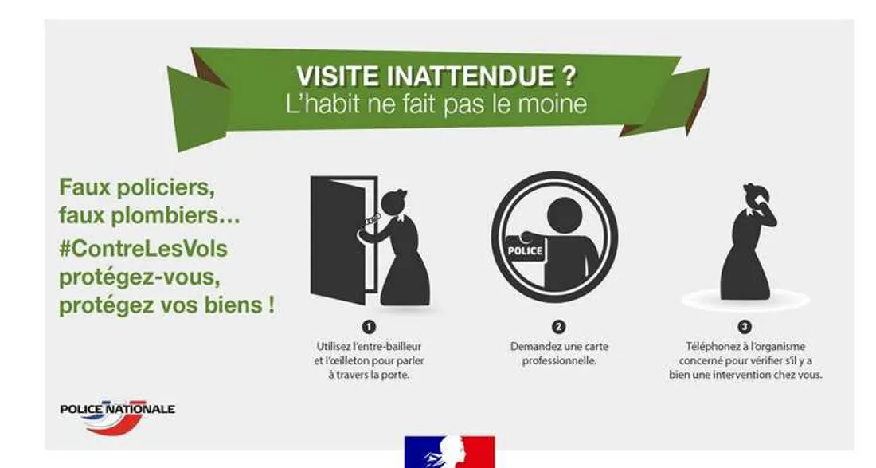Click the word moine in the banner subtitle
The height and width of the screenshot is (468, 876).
pos(558,105)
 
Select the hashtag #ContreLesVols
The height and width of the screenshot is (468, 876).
pos(143,249)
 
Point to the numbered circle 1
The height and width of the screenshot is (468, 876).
pos(369,327)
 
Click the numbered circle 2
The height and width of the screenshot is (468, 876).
pos(558,327)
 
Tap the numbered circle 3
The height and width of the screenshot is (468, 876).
pos(745,327)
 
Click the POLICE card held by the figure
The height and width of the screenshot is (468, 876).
pos(526,250)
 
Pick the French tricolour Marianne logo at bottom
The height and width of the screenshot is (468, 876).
pos(450,452)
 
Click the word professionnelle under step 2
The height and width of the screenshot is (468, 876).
pos(559,361)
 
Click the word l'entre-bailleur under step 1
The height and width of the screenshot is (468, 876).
pos(391,347)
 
